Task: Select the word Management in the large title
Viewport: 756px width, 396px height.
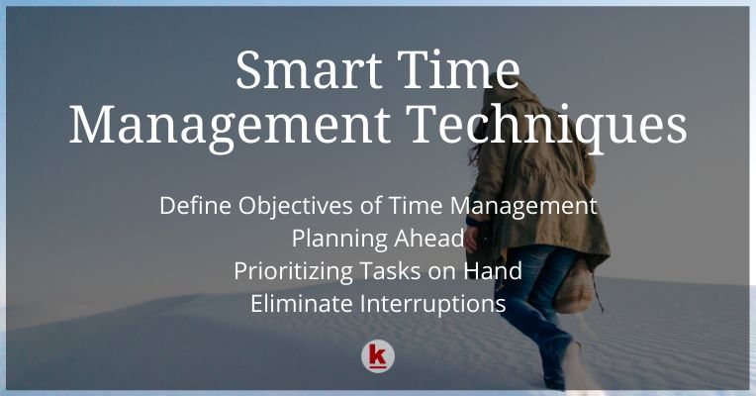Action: point(224,126)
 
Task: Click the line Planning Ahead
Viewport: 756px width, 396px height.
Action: point(378,239)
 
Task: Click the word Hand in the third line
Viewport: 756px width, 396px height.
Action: point(495,270)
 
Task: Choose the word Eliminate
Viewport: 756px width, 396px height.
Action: point(299,303)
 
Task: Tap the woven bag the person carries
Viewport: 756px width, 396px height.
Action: point(574,287)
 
